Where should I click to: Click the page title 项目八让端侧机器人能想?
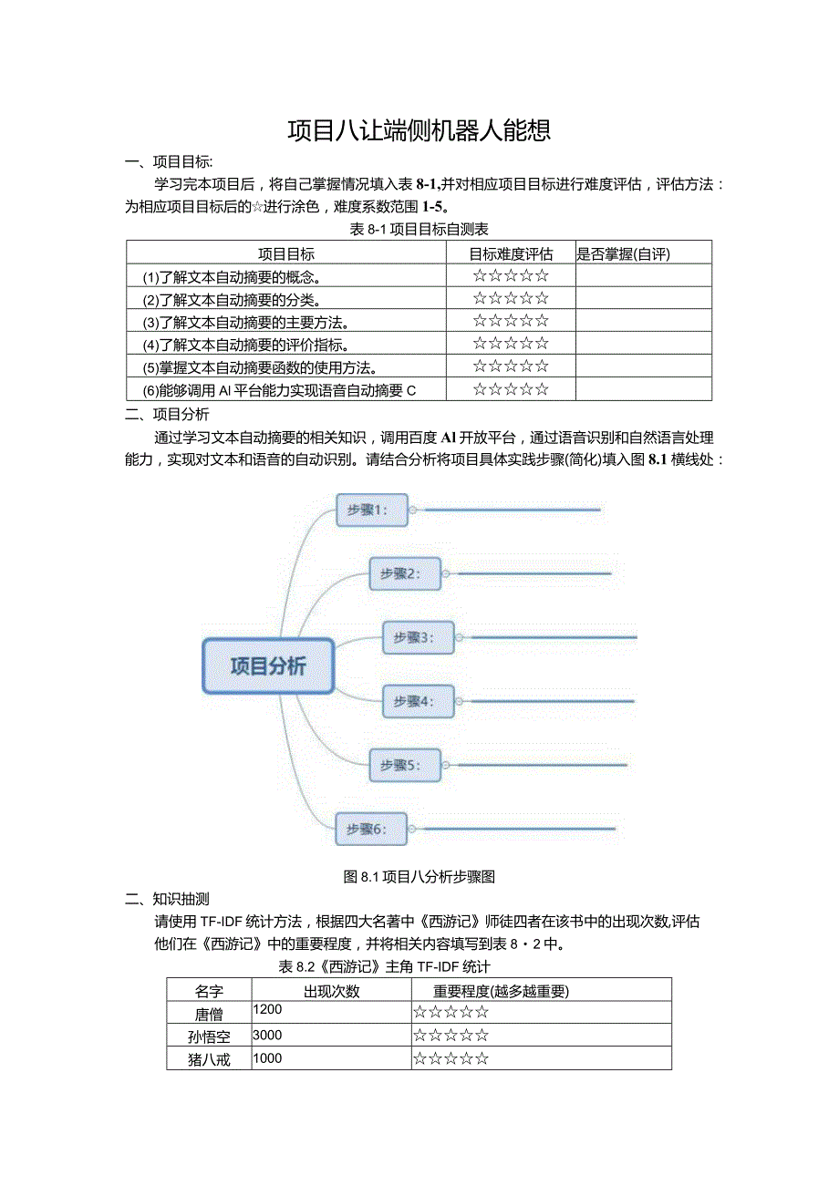pyautogui.click(x=419, y=131)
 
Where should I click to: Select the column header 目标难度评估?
pyautogui.click(x=511, y=253)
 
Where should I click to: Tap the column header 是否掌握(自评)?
pyautogui.click(x=629, y=253)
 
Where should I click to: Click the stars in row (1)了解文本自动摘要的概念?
pyautogui.click(x=511, y=275)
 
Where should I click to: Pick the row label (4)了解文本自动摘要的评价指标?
pyautogui.click(x=246, y=344)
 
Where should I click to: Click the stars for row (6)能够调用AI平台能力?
pyautogui.click(x=511, y=389)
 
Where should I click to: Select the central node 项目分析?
pyautogui.click(x=268, y=665)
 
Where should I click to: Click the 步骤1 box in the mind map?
pyautogui.click(x=371, y=510)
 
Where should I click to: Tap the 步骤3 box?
pyautogui.click(x=418, y=637)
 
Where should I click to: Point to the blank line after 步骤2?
pyautogui.click(x=529, y=573)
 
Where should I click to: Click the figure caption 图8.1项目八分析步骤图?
pyautogui.click(x=419, y=876)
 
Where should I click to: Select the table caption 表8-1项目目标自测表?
pyautogui.click(x=419, y=229)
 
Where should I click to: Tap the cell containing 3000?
pyautogui.click(x=268, y=1035)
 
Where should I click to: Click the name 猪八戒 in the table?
pyautogui.click(x=209, y=1059)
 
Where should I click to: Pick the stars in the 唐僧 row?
pyautogui.click(x=451, y=1011)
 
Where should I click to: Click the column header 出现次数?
pyautogui.click(x=331, y=990)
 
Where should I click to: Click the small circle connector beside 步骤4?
pyautogui.click(x=460, y=701)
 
